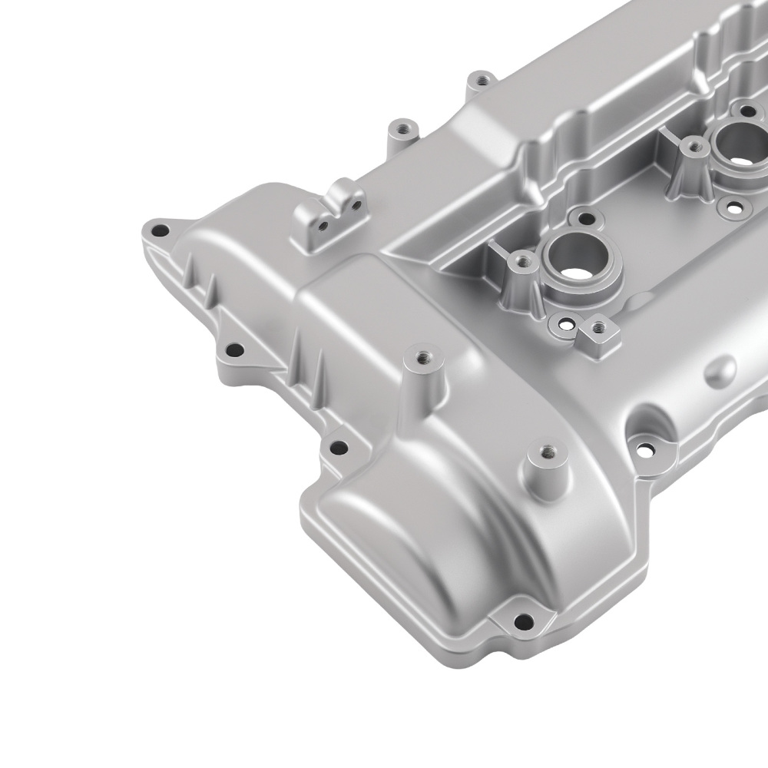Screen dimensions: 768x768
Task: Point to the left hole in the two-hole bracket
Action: (x=324, y=225)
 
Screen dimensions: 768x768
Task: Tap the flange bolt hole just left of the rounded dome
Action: (x=335, y=449)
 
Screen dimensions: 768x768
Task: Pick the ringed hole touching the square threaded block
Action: (x=567, y=326)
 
